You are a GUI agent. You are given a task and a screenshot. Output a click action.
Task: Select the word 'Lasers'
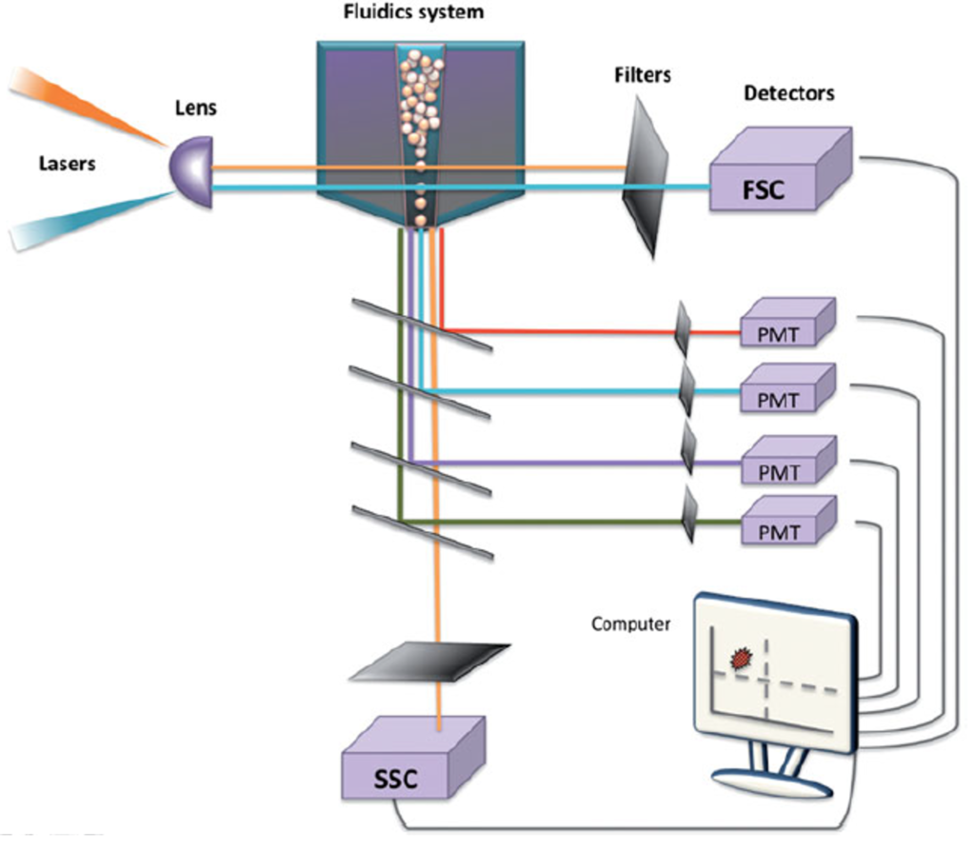(68, 164)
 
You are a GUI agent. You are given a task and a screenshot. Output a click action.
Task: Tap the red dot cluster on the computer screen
(742, 657)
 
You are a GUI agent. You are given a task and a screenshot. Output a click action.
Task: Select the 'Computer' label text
(631, 624)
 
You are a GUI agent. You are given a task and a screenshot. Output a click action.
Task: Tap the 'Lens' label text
(196, 108)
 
